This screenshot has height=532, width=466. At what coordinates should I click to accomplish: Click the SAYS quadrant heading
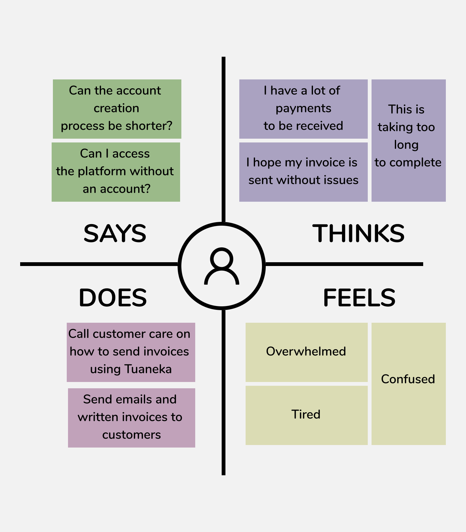click(115, 234)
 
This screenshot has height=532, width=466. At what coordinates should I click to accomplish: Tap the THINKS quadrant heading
click(358, 234)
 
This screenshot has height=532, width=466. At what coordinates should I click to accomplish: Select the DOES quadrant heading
click(113, 298)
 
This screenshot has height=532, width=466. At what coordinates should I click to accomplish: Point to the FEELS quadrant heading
click(359, 298)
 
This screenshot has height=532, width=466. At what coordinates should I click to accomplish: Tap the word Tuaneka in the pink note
click(148, 369)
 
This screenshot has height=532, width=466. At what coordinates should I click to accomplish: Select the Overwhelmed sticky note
click(306, 352)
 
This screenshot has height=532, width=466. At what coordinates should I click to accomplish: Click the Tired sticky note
click(306, 415)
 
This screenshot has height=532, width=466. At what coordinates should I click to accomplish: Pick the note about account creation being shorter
click(117, 109)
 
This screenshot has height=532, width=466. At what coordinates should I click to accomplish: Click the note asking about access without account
click(116, 172)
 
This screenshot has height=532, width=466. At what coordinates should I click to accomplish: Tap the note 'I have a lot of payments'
click(303, 109)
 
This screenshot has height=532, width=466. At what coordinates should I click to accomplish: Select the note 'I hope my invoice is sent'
click(303, 172)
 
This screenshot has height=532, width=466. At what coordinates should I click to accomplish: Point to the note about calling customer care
click(131, 352)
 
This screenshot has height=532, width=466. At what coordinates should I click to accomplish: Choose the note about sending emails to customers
click(131, 418)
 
